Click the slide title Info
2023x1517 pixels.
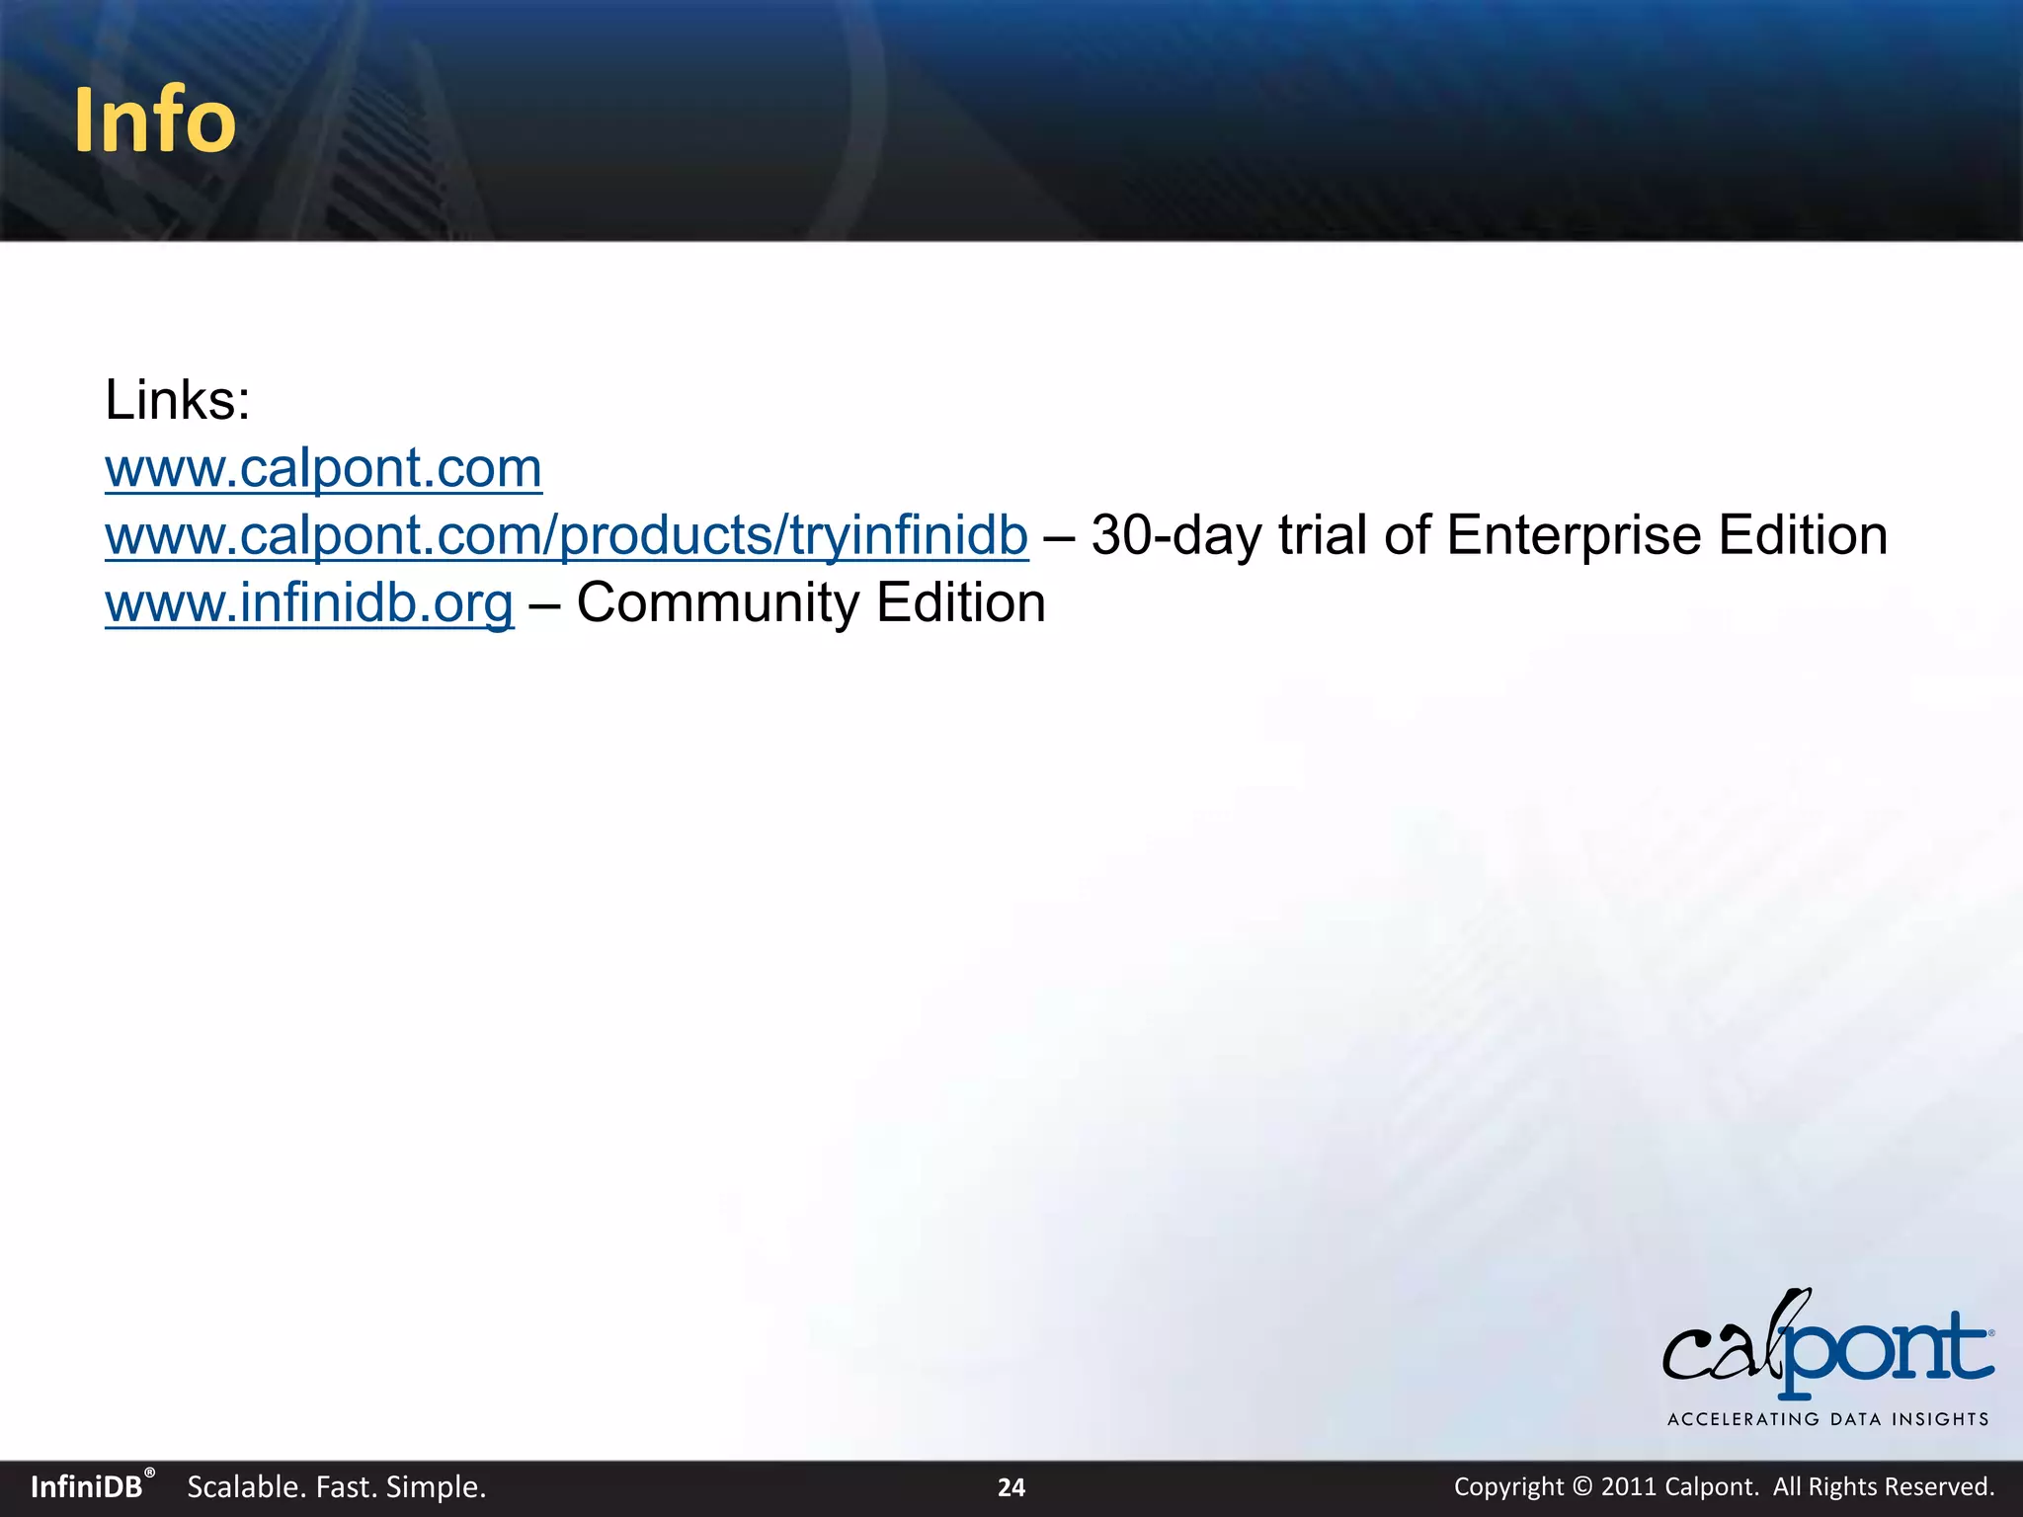pos(155,120)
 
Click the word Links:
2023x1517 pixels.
pos(178,401)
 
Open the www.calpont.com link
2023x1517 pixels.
pos(323,468)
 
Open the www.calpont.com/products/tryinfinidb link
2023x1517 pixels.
pos(566,535)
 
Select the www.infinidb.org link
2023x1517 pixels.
pos(309,603)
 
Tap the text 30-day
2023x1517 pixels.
pos(1175,535)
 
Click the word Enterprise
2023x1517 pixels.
pos(1574,535)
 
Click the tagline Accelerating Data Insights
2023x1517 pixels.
pos(1827,1419)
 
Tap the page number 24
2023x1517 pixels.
pos(1011,1487)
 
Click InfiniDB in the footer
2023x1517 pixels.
pos(87,1487)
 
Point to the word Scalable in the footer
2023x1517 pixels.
pos(244,1487)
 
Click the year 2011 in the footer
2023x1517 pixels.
pos(1629,1487)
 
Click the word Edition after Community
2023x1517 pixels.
pos(960,603)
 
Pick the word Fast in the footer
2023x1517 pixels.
pos(346,1487)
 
